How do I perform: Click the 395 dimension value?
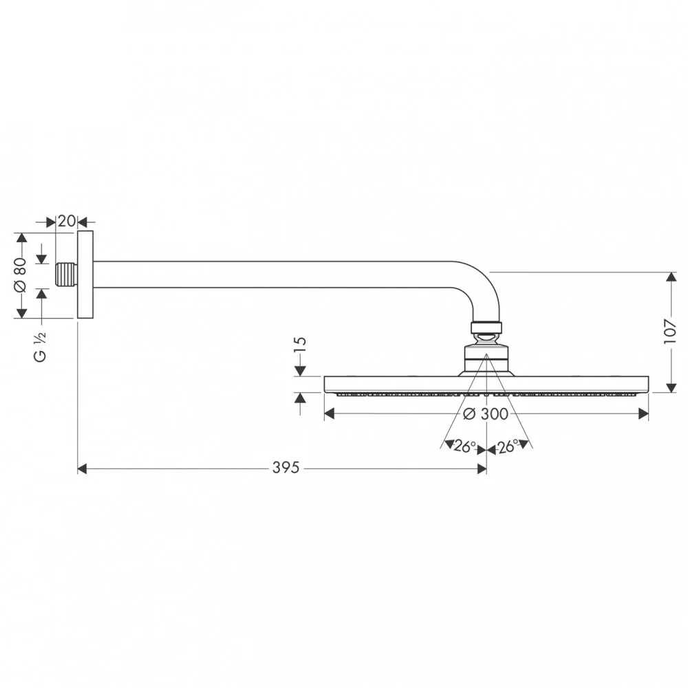click(x=286, y=468)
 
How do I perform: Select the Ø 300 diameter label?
click(x=486, y=413)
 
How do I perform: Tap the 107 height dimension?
click(x=670, y=332)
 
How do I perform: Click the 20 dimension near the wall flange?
click(x=67, y=221)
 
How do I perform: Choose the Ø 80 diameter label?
click(x=21, y=275)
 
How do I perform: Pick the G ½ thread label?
click(x=40, y=347)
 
